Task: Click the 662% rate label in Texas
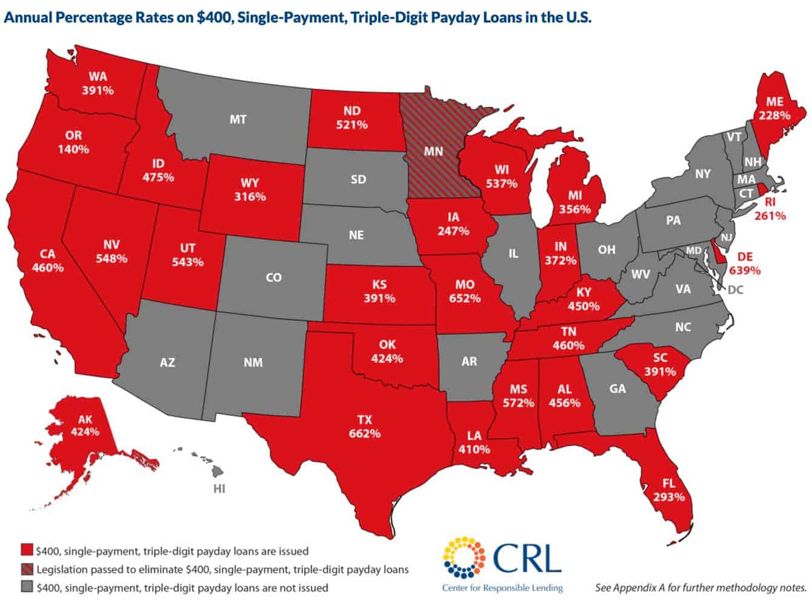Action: coord(364,433)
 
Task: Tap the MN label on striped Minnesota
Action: coord(433,151)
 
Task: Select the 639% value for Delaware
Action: coord(745,270)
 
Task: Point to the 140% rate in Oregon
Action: coord(73,149)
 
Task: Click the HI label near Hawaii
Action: coord(219,488)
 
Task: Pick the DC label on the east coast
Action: coord(734,290)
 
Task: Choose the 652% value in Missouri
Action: coord(465,298)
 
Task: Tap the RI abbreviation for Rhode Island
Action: coord(770,202)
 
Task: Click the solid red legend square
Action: coord(26,551)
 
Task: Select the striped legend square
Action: coord(26,569)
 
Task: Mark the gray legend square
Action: coord(26,587)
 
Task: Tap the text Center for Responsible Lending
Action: coord(502,588)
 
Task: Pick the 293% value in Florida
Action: coord(669,497)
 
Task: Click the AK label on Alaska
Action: coord(85,419)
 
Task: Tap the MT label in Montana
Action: coord(238,119)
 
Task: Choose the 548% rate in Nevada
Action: coord(111,258)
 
